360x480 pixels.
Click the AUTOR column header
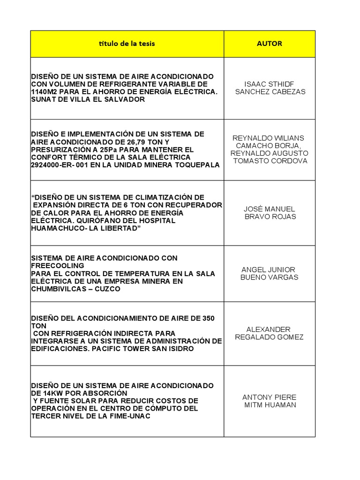click(269, 44)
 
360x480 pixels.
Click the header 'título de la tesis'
click(127, 44)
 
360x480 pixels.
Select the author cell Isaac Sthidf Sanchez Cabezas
click(270, 88)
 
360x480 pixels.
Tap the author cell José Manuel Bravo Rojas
click(270, 212)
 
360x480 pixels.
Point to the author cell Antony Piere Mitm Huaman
click(270, 401)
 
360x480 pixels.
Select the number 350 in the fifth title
click(208, 318)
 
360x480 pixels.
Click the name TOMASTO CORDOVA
click(270, 161)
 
